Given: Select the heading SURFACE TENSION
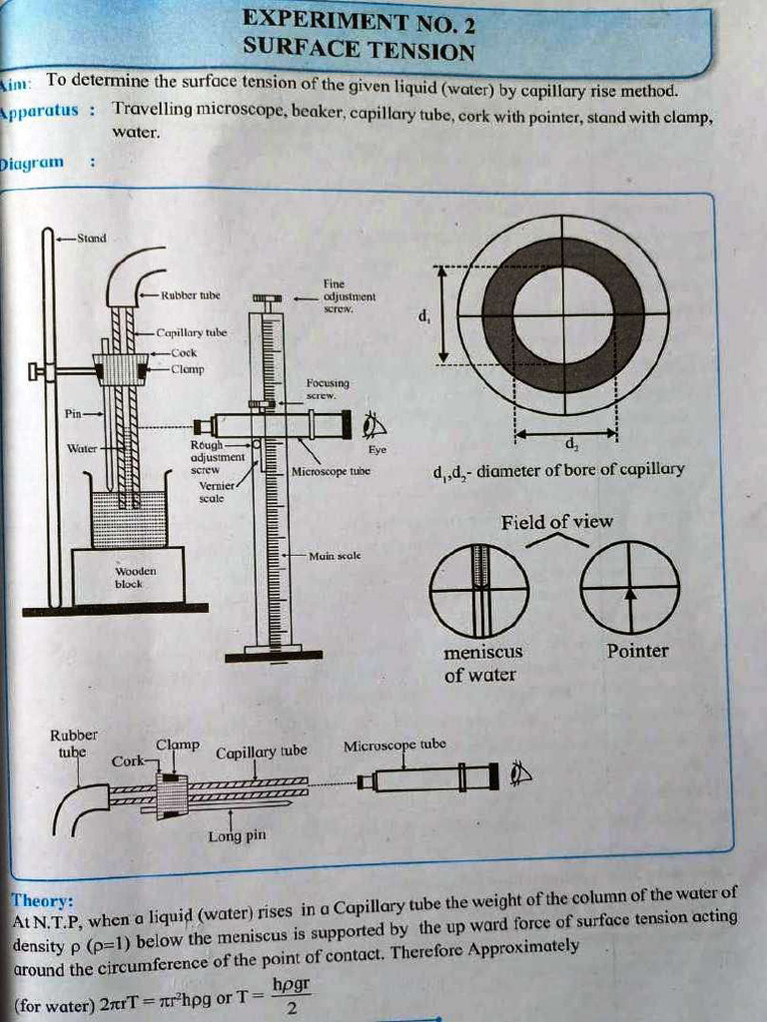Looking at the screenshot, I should point(359,50).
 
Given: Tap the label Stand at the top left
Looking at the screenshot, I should point(91,239).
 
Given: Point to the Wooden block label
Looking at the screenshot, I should point(129,578).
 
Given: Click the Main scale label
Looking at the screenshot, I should point(335,555).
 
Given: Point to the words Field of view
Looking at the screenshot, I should point(557,522).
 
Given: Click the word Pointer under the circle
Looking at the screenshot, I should point(637,651).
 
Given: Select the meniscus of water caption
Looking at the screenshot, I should point(482,663).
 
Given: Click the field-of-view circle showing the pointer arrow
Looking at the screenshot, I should point(629,590).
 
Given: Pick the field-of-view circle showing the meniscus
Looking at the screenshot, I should point(479,590).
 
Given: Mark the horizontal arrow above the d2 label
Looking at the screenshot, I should point(566,434).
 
